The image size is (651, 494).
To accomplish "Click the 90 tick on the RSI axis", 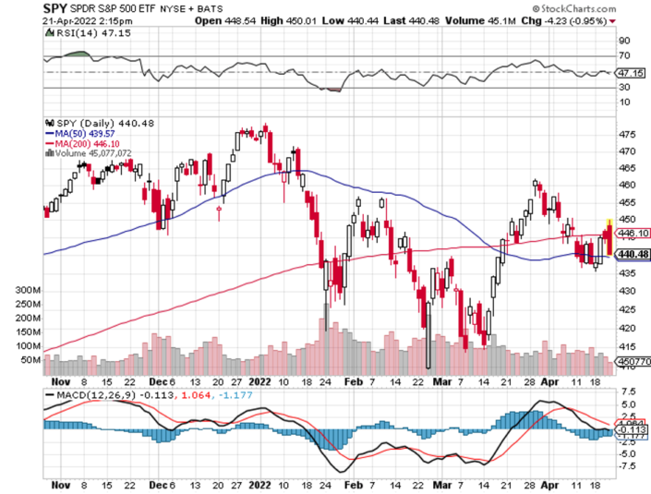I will tap(624, 41).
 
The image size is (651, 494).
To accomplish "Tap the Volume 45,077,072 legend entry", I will tap(99, 153).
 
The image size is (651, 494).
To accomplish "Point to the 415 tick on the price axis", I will tap(627, 345).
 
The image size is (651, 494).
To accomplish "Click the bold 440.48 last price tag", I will tap(629, 254).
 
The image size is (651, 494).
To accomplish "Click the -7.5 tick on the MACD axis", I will tap(628, 466).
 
